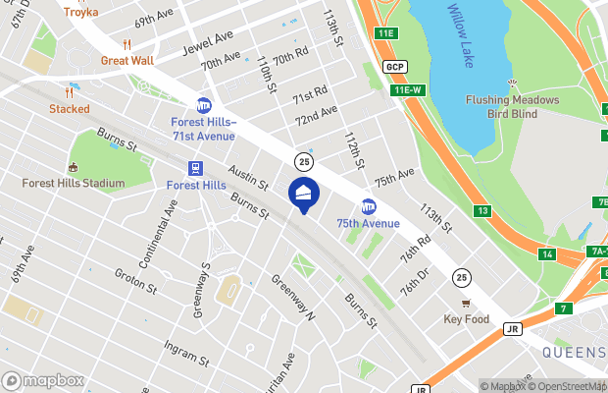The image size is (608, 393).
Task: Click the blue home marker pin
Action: pyautogui.click(x=303, y=194)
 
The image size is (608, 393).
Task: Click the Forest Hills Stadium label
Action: pyautogui.click(x=74, y=183)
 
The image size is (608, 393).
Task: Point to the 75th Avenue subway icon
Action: pyautogui.click(x=369, y=206)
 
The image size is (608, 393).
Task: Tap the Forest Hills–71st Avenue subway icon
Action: pyautogui.click(x=204, y=105)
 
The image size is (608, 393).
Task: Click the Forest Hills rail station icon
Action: pyautogui.click(x=196, y=168)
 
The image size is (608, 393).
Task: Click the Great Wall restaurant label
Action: pyautogui.click(x=127, y=60)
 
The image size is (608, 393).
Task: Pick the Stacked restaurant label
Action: pyautogui.click(x=69, y=109)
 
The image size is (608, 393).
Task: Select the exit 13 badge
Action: pyautogui.click(x=482, y=210)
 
